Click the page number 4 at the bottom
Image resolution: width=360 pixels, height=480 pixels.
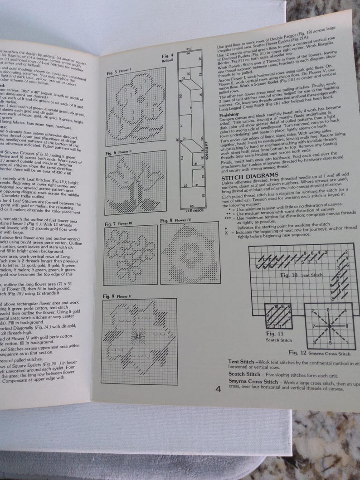click(219, 388)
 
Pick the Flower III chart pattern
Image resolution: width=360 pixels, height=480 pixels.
click(130, 257)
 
